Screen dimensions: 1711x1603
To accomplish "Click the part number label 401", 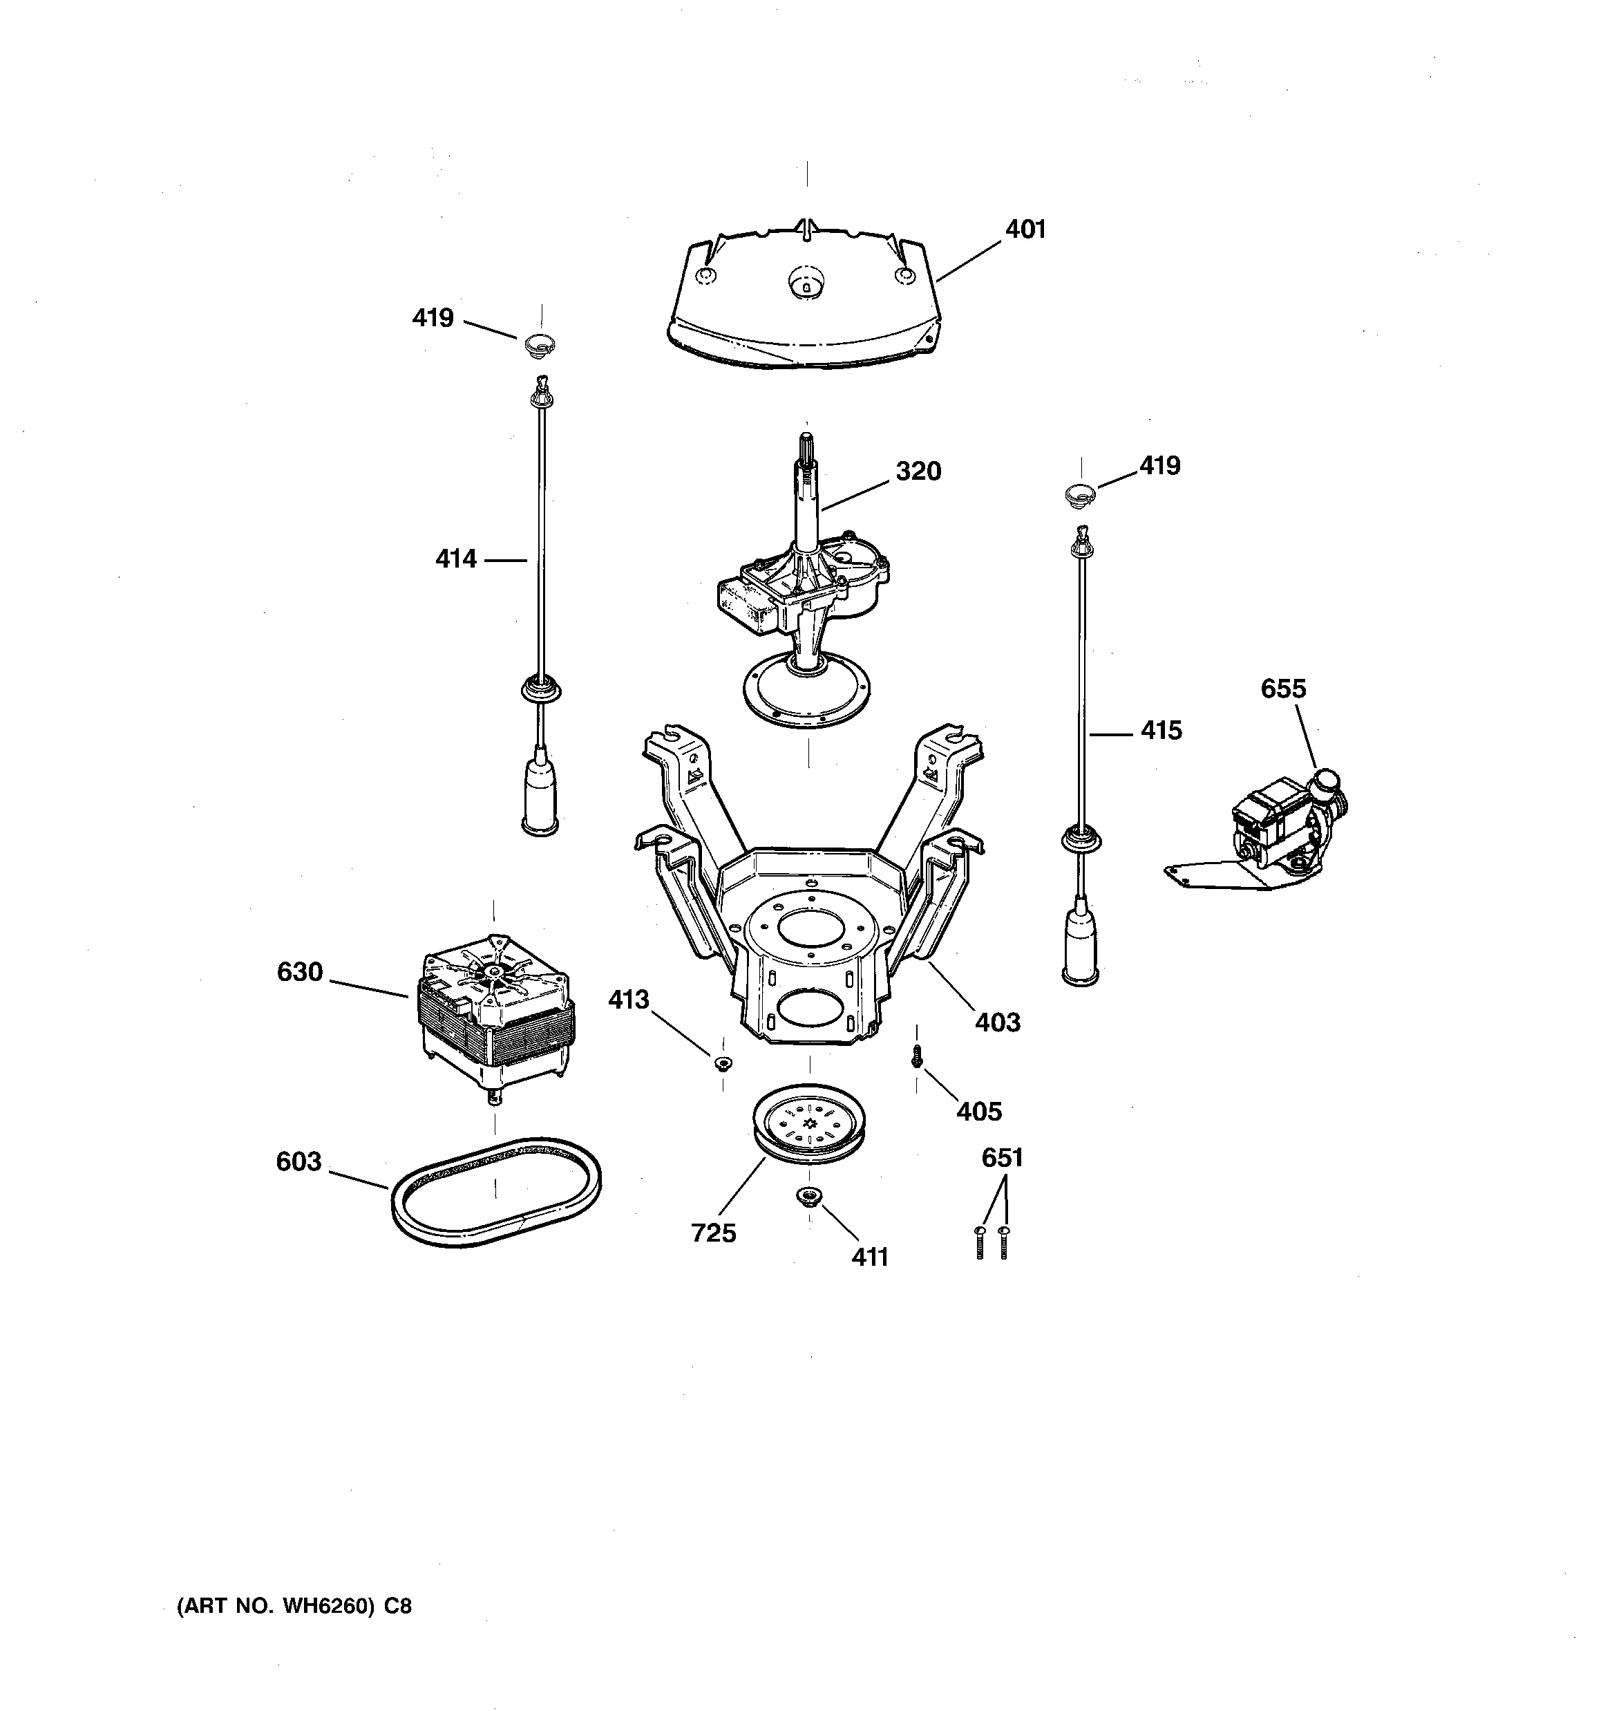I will pos(1025,230).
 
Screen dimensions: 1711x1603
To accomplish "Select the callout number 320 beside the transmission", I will pos(918,471).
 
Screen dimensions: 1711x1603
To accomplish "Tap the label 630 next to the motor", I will pos(299,972).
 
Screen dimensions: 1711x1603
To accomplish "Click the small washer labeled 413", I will pos(723,1064).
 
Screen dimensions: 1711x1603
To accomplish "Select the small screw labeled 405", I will pos(916,1056).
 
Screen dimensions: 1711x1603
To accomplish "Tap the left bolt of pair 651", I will pos(979,1243).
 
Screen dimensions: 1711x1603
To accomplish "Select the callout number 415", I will pos(1161,731).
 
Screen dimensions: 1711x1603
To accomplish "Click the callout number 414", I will pos(455,559).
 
